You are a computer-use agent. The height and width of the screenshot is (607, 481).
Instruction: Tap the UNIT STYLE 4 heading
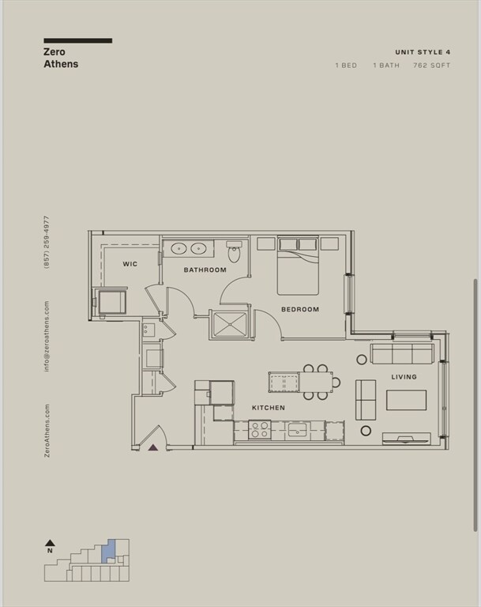(x=423, y=51)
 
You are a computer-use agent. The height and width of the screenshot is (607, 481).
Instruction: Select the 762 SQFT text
(x=431, y=66)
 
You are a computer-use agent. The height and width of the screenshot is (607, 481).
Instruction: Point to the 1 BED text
(x=346, y=66)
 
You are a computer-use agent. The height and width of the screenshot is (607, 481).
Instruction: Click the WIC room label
(x=130, y=264)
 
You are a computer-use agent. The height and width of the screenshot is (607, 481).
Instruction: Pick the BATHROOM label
(x=205, y=270)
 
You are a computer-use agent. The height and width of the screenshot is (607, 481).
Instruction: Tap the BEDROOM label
(x=300, y=309)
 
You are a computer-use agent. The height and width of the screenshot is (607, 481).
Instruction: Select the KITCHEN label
(x=269, y=408)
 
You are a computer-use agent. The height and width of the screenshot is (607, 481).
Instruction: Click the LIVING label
(x=404, y=377)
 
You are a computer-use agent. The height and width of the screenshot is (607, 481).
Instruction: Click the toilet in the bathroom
(x=234, y=254)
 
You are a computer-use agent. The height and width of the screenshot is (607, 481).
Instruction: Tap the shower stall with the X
(x=229, y=324)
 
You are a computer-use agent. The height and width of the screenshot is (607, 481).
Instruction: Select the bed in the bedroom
(x=298, y=269)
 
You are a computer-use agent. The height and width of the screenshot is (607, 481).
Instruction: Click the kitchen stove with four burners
(x=260, y=429)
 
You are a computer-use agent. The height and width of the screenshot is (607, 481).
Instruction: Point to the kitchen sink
(x=298, y=429)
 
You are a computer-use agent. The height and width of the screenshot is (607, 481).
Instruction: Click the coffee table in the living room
(x=406, y=400)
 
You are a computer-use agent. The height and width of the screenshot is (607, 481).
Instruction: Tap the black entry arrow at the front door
(x=153, y=447)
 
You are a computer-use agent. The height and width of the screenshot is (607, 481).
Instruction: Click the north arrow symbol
(x=50, y=545)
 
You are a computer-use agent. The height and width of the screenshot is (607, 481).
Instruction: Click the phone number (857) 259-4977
(x=47, y=241)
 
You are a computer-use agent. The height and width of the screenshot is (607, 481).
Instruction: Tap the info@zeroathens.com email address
(x=47, y=336)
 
